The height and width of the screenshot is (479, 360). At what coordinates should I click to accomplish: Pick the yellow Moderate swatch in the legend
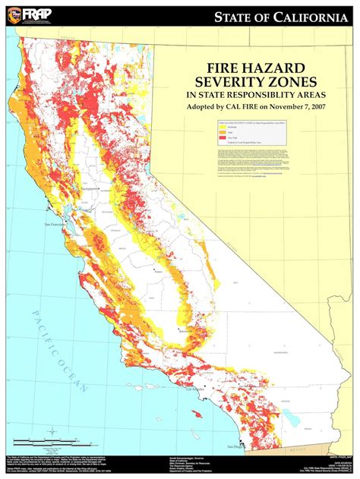click(x=224, y=128)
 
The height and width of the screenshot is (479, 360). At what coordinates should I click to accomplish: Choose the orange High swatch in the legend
click(x=224, y=133)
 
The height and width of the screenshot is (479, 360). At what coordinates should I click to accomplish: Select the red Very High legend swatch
click(x=224, y=137)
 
